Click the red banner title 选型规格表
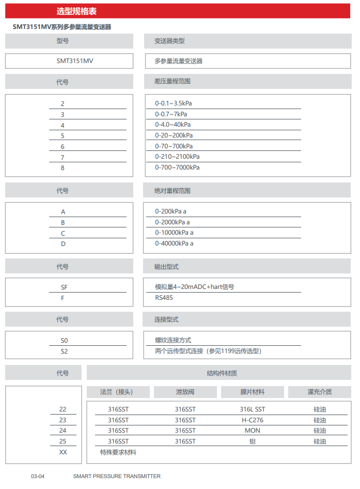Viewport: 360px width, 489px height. click(x=76, y=11)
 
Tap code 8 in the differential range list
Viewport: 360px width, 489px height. click(x=62, y=168)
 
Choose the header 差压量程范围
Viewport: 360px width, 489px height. click(x=172, y=82)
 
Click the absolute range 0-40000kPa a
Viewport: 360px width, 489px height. click(x=174, y=243)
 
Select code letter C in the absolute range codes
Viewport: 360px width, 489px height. click(x=63, y=233)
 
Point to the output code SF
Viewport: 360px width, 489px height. click(x=64, y=287)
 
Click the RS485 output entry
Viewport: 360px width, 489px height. click(x=164, y=298)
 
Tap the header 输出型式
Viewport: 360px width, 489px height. click(x=166, y=267)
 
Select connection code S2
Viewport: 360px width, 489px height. click(x=64, y=352)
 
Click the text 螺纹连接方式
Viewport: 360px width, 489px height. click(x=173, y=340)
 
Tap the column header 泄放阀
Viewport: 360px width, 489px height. click(x=185, y=392)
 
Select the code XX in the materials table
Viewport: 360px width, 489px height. click(x=63, y=452)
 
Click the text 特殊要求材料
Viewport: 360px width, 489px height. click(x=118, y=452)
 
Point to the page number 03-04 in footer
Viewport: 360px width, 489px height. click(x=38, y=476)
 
